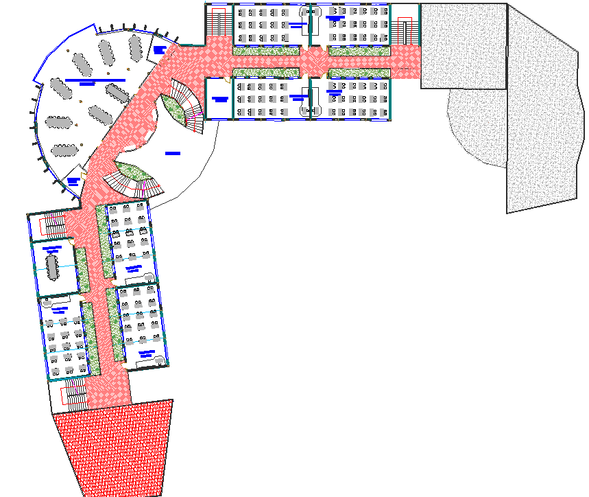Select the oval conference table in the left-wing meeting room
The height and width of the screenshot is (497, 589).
(x=53, y=267)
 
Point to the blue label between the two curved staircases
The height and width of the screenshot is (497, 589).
(x=171, y=152)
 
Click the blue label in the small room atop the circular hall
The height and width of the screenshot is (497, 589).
(x=160, y=49)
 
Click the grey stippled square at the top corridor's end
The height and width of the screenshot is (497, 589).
(x=463, y=45)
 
